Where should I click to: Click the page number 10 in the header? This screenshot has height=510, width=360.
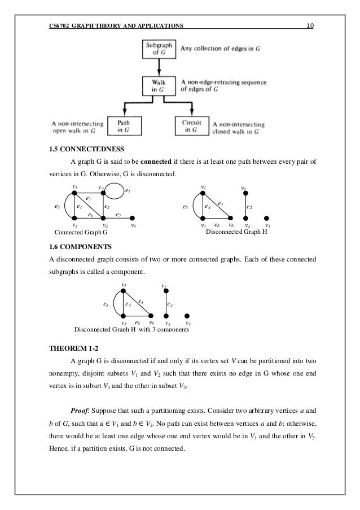click(310, 25)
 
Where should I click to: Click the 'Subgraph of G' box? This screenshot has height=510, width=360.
click(160, 49)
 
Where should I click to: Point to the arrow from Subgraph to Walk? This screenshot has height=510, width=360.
click(160, 67)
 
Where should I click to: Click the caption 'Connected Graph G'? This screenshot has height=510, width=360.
click(80, 232)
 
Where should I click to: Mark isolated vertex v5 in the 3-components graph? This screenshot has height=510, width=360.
click(187, 316)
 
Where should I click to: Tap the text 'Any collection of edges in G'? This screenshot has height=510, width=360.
click(221, 49)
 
